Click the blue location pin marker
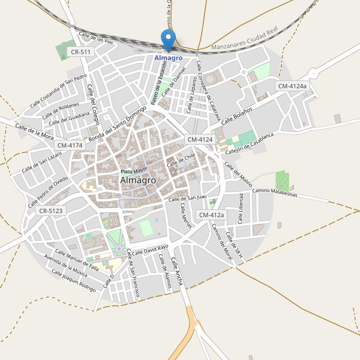(169, 41)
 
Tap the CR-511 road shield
(80, 52)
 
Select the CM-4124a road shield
(292, 86)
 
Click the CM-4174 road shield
(70, 145)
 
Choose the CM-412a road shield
(211, 215)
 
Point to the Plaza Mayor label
(133, 171)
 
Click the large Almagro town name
(138, 180)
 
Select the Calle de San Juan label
(187, 198)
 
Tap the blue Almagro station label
(169, 58)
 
